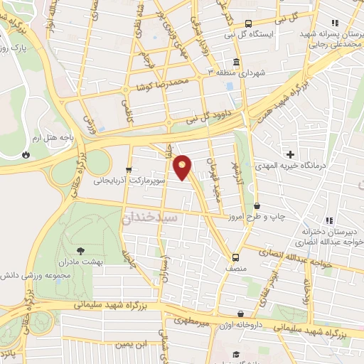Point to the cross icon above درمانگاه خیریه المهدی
pos(290,154)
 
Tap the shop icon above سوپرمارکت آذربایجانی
pos(129,169)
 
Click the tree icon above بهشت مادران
pos(80,250)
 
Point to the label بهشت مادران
pos(103,261)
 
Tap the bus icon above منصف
pos(235,257)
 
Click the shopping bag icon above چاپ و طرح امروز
pos(256,205)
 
